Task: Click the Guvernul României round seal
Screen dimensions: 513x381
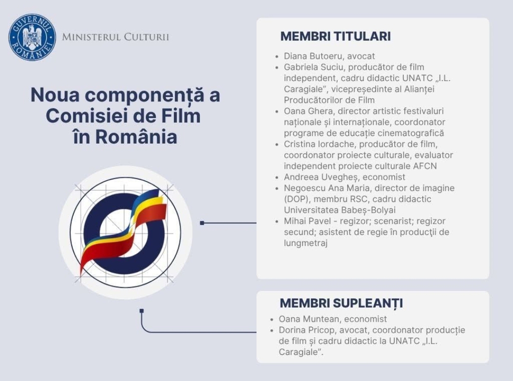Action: tap(32, 37)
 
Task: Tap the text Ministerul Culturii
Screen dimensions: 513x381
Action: tap(116, 37)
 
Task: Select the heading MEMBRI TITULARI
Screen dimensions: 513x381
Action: tap(336, 36)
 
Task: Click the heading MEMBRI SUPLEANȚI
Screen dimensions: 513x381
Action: tap(341, 302)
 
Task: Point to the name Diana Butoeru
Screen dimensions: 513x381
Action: tap(313, 56)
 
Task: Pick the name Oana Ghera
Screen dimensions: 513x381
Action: tap(308, 111)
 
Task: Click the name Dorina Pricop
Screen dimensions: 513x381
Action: tap(307, 330)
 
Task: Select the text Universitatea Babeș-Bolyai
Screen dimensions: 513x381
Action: tap(340, 210)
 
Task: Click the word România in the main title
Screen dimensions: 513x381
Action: tap(136, 137)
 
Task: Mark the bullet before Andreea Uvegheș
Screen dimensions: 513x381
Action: tap(277, 177)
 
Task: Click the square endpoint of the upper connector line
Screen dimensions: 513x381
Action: tap(202, 223)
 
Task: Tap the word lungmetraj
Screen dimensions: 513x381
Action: tap(306, 243)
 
